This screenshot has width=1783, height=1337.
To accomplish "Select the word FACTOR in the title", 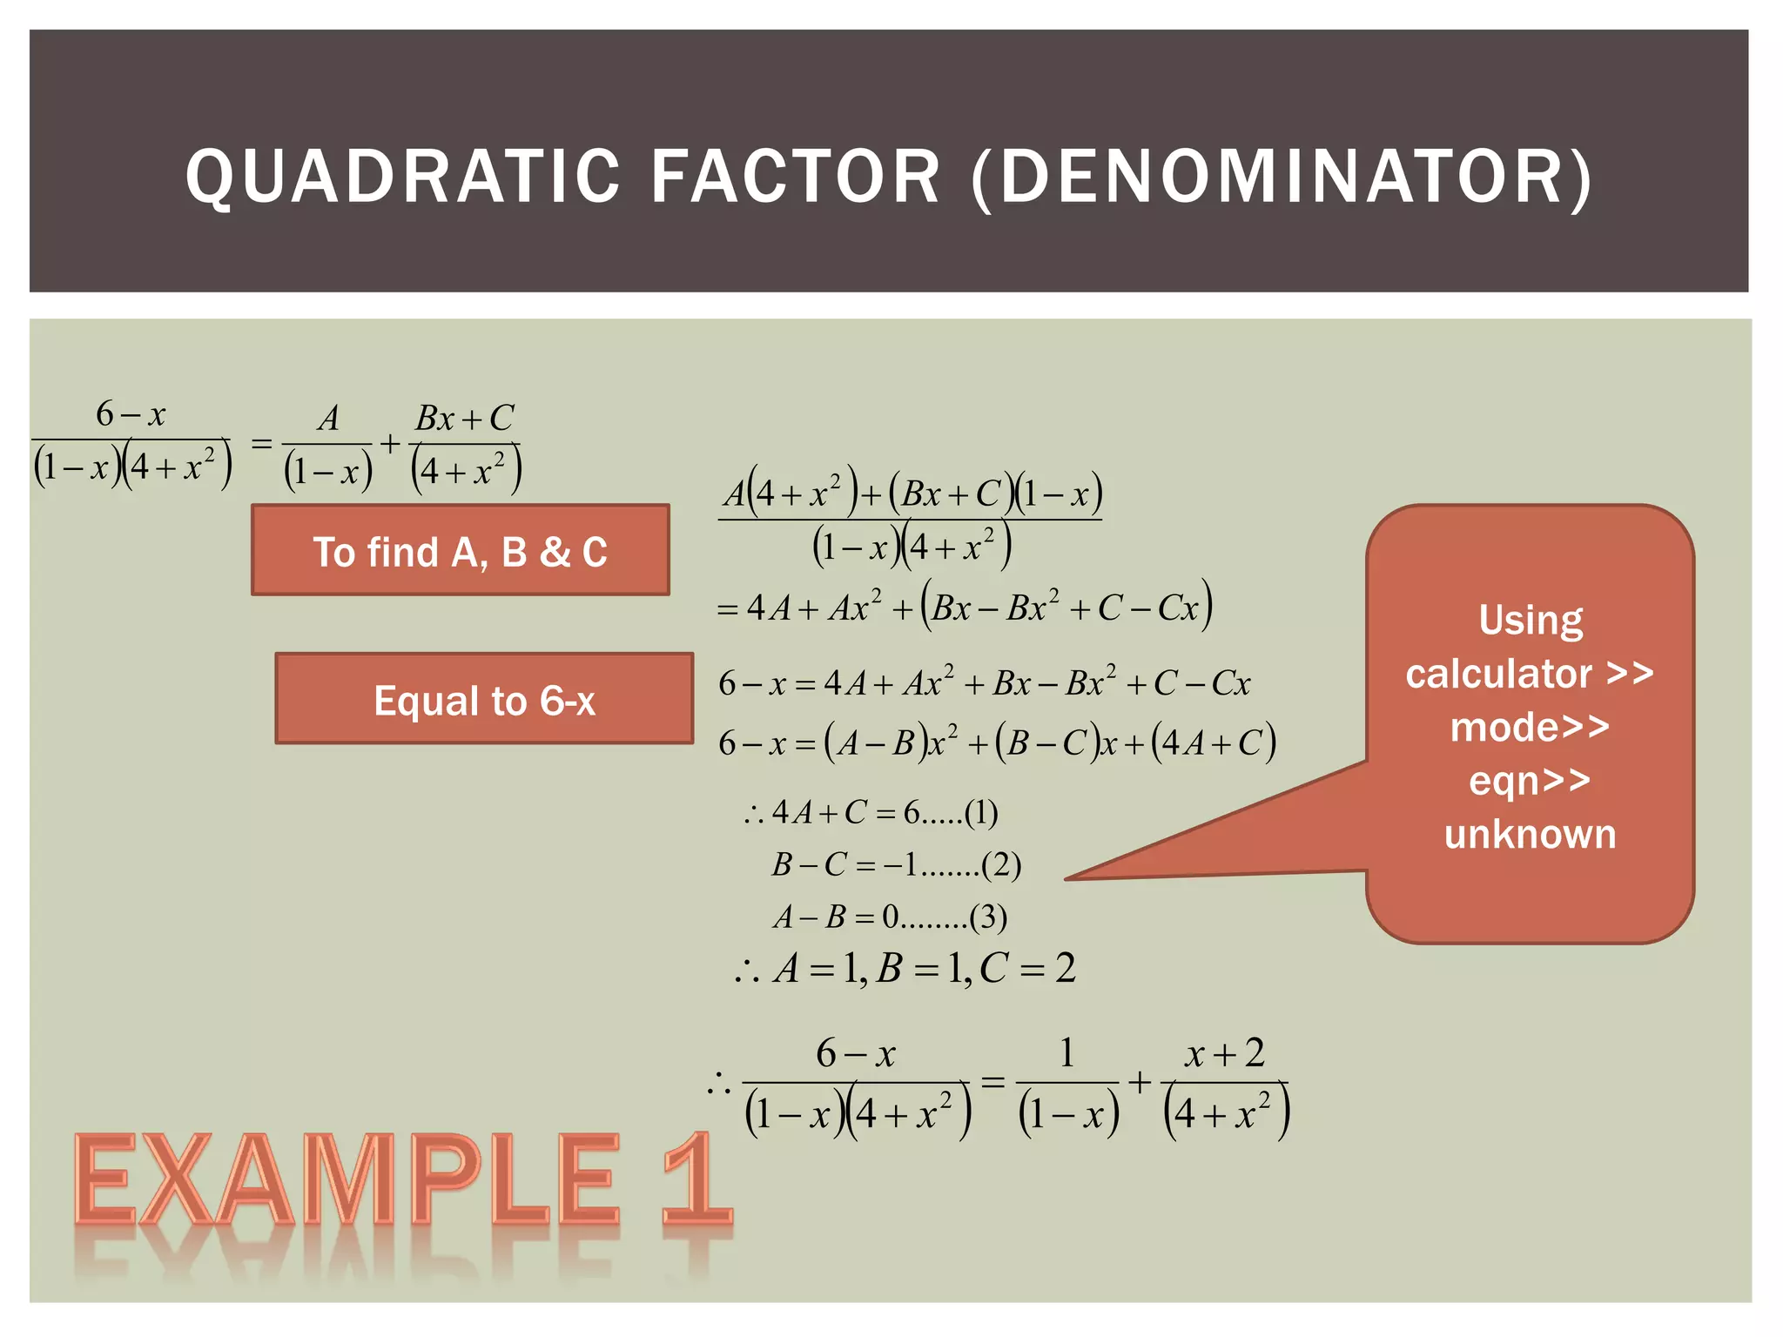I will pyautogui.click(x=796, y=177).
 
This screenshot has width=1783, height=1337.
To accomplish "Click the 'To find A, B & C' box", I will pyautogui.click(x=460, y=551).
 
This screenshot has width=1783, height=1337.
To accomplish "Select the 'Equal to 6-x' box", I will pyautogui.click(x=484, y=700).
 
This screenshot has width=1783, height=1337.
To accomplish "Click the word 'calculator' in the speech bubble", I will pyautogui.click(x=1498, y=674).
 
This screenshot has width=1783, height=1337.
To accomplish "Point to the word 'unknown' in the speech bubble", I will pyautogui.click(x=1530, y=834).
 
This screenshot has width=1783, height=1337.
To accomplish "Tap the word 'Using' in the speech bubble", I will pyautogui.click(x=1531, y=620).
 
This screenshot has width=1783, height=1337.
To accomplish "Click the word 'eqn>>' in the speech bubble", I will pyautogui.click(x=1530, y=780).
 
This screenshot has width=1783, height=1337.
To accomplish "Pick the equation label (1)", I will pyautogui.click(x=981, y=813).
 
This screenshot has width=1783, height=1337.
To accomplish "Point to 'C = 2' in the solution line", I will pyautogui.click(x=1027, y=968).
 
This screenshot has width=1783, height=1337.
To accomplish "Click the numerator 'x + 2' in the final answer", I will pyautogui.click(x=1225, y=1054).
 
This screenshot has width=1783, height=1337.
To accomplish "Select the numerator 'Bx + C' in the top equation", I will pyautogui.click(x=465, y=418).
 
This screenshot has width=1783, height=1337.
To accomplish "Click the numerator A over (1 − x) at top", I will pyautogui.click(x=328, y=419).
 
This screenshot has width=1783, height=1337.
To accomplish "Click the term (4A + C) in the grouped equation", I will pyautogui.click(x=1213, y=743).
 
